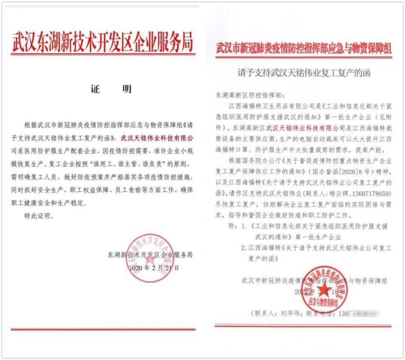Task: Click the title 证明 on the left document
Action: pos(111,90)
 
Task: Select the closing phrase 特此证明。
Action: pos(39,217)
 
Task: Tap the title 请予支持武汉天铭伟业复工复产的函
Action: pos(304,74)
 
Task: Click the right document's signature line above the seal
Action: pos(315,281)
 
